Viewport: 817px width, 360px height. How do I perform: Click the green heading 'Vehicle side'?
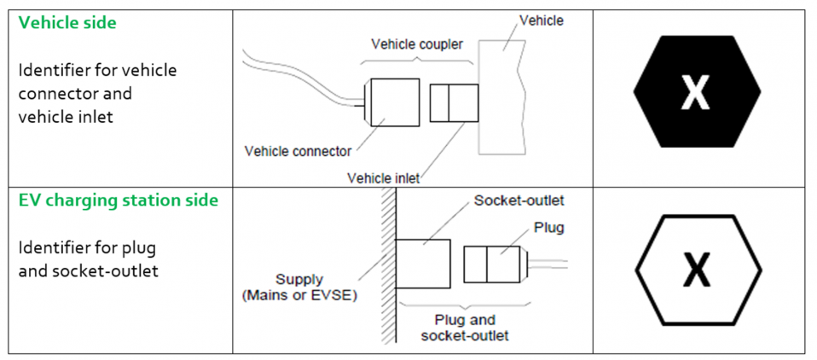67,23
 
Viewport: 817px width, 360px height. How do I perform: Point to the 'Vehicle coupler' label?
417,44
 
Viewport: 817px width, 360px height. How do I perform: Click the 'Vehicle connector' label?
298,151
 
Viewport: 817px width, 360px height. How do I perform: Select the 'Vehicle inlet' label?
384,178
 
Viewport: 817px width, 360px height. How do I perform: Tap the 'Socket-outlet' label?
519,200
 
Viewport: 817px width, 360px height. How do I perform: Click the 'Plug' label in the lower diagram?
548,228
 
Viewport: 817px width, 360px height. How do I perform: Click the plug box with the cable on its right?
493,265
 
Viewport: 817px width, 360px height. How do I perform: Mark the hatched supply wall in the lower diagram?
390,269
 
